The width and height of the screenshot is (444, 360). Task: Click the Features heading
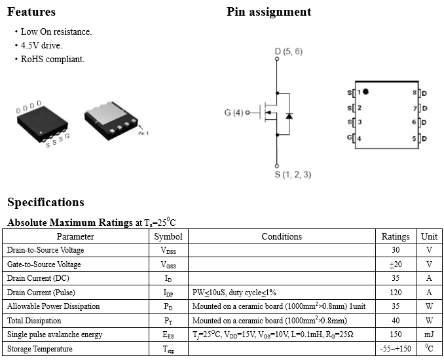[x=31, y=12]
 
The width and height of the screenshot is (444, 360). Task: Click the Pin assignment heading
[x=268, y=12]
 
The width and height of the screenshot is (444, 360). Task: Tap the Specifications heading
[x=46, y=202]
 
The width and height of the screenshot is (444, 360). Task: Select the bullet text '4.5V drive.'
[x=41, y=45]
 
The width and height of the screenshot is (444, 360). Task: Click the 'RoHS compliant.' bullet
[x=52, y=59]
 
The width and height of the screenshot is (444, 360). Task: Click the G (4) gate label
[x=233, y=113]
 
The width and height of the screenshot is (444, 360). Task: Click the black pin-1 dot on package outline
[x=365, y=92]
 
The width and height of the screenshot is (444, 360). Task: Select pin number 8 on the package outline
[x=415, y=92]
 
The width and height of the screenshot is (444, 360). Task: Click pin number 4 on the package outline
[x=359, y=138]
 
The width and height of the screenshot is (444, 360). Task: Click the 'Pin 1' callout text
[x=143, y=133]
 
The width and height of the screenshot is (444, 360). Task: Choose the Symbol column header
[x=168, y=236]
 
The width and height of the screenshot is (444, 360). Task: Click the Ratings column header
[x=396, y=236]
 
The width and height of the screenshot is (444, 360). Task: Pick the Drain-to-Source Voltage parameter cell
[x=45, y=250]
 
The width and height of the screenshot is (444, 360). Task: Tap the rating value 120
[x=396, y=293]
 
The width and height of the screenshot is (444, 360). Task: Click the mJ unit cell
[x=429, y=334]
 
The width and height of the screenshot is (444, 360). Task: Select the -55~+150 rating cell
[x=396, y=349]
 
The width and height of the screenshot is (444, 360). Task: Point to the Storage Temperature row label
[x=40, y=349]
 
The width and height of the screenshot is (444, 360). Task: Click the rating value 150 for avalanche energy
[x=396, y=334]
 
